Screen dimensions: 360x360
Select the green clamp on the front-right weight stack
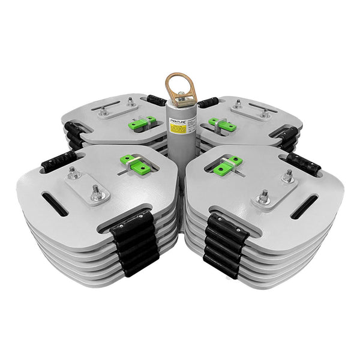point(229,163)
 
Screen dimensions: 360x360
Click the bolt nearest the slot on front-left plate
point(73,173)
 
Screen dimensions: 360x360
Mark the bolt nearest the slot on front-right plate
point(288,175)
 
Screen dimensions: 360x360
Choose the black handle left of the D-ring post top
point(158,101)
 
